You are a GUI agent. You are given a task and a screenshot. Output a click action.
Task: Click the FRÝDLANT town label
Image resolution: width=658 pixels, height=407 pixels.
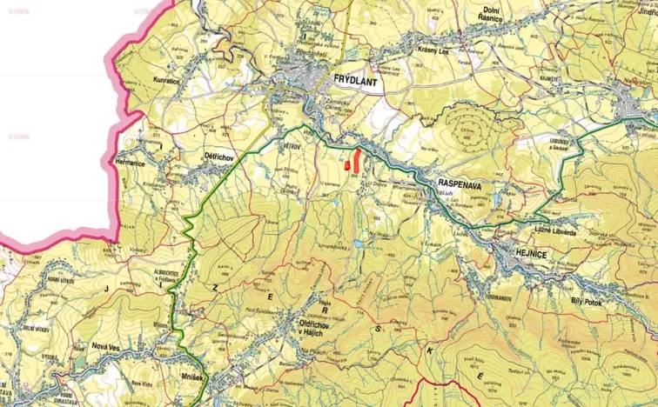coord(358,77)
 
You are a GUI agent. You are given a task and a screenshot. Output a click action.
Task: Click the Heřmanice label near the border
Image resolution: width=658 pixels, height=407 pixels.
coord(128,162)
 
